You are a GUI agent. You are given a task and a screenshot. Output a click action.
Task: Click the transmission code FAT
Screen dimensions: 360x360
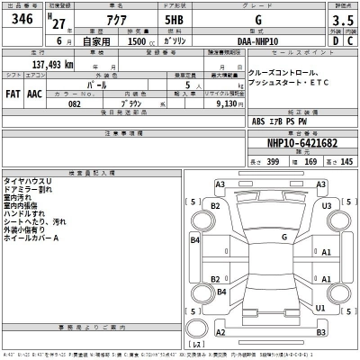[13, 94]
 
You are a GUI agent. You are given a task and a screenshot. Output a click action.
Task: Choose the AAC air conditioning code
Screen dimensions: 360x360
[35, 94]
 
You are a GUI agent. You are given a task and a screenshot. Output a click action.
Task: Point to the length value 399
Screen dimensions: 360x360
[273, 162]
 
